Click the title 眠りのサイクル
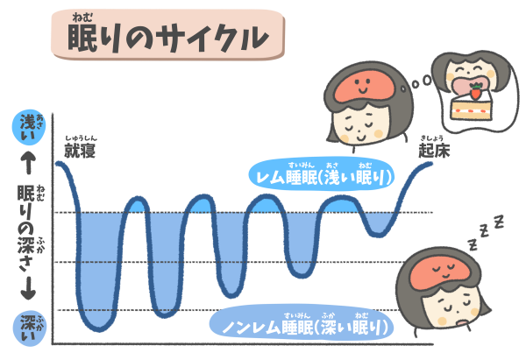pyautogui.click(x=167, y=37)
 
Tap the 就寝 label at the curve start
pyautogui.click(x=80, y=151)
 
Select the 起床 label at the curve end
pyautogui.click(x=434, y=151)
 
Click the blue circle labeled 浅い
pyautogui.click(x=29, y=127)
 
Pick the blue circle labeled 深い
pyautogui.click(x=29, y=328)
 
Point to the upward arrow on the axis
pyautogui.click(x=29, y=163)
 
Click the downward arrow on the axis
pyautogui.click(x=29, y=288)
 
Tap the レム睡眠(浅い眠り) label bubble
pyautogui.click(x=322, y=173)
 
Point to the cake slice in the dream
pyautogui.click(x=471, y=107)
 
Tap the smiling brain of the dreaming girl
pyautogui.click(x=362, y=86)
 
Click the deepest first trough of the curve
pyautogui.click(x=99, y=328)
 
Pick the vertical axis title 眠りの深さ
pyautogui.click(x=27, y=228)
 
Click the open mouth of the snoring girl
pyautogui.click(x=463, y=322)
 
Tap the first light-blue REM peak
pyautogui.click(x=136, y=205)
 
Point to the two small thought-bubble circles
pyautogui.click(x=422, y=81)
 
